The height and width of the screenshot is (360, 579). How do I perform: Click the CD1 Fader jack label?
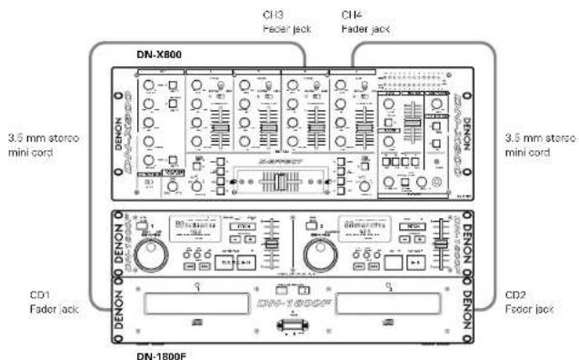coord(51,299)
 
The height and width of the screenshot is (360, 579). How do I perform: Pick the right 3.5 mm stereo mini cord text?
coord(530,146)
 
